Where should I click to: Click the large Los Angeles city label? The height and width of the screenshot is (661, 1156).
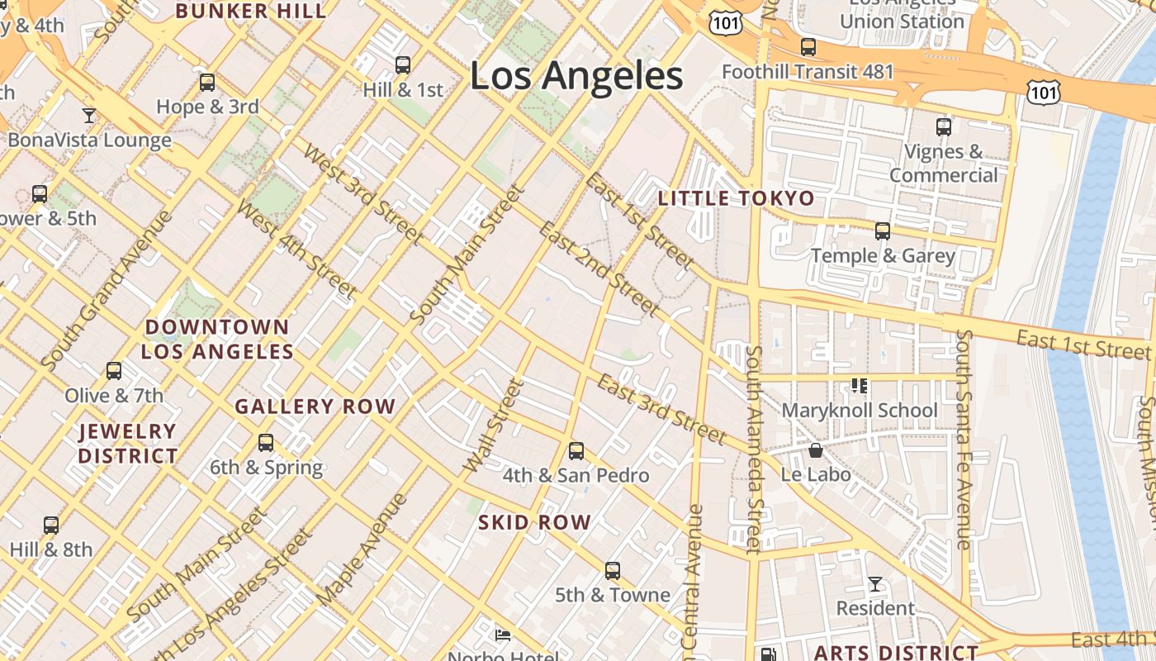pos(576,76)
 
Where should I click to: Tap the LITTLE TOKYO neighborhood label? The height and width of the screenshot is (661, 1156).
pos(736,198)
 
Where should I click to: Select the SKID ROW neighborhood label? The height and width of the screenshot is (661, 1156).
pos(534,522)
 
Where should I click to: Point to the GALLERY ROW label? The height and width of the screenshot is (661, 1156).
pos(315,407)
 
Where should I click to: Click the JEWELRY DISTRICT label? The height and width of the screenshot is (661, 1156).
pos(128,443)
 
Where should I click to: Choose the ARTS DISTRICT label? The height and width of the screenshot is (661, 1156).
pos(896,652)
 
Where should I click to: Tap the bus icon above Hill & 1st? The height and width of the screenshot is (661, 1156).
pos(403,64)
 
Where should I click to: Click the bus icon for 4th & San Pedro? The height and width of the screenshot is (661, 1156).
pos(576,451)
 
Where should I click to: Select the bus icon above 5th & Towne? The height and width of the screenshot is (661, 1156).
pos(612,571)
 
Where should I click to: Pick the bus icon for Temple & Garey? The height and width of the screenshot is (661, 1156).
pos(883,231)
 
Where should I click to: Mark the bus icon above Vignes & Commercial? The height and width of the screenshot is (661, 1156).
pos(944,127)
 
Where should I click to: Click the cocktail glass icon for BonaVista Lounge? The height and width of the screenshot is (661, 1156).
pos(89,115)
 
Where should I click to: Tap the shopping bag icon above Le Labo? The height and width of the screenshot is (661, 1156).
pos(816,450)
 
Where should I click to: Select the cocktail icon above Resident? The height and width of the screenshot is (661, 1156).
pos(874,584)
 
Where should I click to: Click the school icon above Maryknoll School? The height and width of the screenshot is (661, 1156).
pos(859,386)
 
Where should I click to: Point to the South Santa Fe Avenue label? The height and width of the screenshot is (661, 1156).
pos(963,440)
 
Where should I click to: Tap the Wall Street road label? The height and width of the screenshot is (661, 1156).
pos(494,426)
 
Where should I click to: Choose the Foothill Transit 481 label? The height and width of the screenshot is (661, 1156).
pos(808,72)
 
